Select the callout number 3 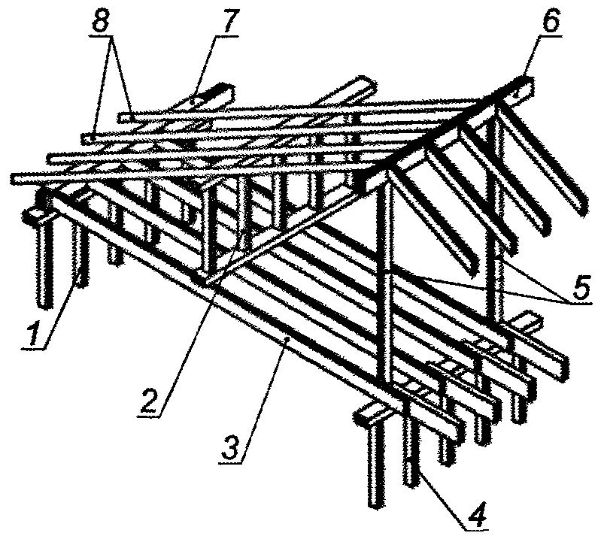point(232,446)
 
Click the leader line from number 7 point(208,67)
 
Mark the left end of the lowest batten point(16,179)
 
